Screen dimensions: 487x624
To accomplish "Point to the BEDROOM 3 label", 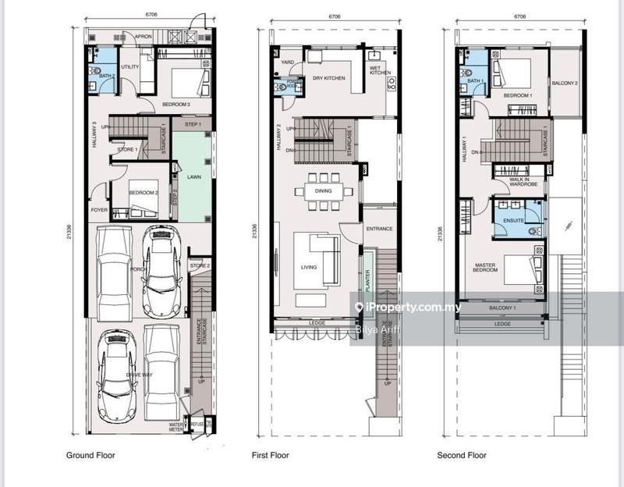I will [176, 105].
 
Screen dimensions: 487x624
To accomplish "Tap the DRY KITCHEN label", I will [328, 78].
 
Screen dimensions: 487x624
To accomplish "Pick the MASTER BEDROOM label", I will [486, 268].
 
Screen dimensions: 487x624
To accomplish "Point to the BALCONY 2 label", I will [565, 83].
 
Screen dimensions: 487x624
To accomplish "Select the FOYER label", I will [99, 209].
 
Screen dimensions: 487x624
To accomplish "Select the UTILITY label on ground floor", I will [129, 67].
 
